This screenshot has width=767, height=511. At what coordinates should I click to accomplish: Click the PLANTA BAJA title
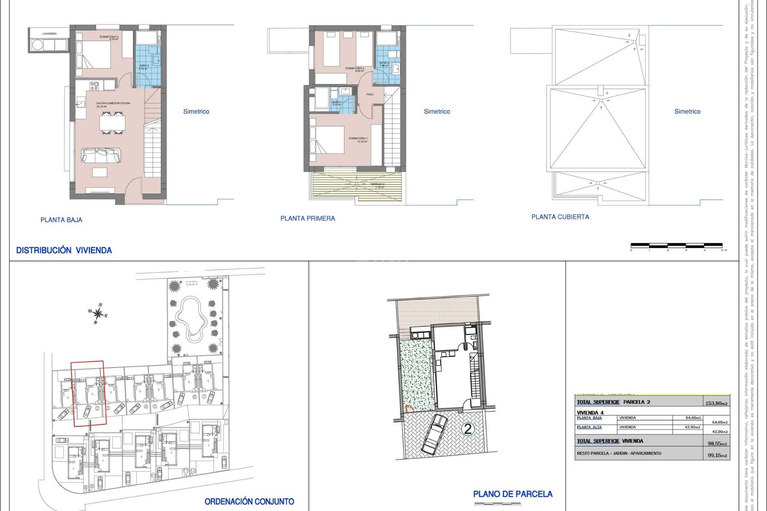click(x=61, y=220)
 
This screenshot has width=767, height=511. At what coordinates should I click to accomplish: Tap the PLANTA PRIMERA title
click(x=308, y=218)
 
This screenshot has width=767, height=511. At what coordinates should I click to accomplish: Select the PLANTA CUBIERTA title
click(x=560, y=217)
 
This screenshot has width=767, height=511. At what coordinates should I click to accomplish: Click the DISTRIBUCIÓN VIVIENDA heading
click(x=64, y=250)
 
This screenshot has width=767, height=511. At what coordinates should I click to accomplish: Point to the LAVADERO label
click(x=50, y=34)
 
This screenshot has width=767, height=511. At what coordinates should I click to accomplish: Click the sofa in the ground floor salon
click(x=101, y=155)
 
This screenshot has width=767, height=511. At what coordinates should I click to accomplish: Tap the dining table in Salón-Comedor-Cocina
click(x=112, y=123)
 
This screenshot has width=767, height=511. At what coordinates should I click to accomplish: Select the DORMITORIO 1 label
click(x=358, y=139)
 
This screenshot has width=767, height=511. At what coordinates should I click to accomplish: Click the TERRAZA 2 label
click(x=377, y=184)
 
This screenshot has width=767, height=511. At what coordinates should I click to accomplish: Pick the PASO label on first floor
click(x=370, y=95)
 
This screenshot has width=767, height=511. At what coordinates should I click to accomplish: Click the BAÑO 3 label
click(x=144, y=66)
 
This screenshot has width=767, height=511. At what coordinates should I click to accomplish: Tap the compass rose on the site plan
click(x=98, y=314)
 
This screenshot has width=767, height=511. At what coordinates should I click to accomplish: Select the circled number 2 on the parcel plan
click(x=467, y=429)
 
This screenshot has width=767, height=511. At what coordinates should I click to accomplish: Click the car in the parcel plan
click(x=434, y=434)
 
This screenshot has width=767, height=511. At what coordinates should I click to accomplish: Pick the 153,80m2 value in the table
click(x=716, y=403)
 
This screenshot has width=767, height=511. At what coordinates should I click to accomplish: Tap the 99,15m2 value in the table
click(x=717, y=456)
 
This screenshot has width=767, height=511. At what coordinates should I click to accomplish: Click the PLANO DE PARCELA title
click(x=513, y=494)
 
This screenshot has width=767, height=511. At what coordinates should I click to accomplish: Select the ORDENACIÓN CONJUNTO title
click(x=249, y=501)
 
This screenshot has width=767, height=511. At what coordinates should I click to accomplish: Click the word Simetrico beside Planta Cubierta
click(x=687, y=111)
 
